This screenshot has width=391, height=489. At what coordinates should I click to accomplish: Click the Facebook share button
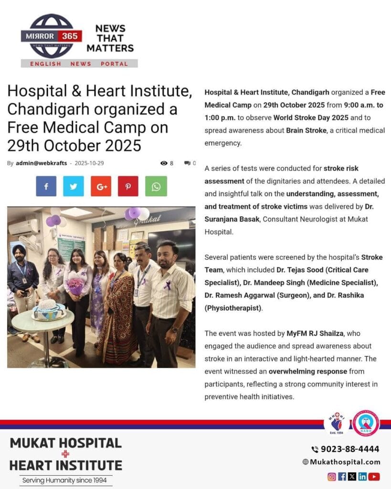[46, 186]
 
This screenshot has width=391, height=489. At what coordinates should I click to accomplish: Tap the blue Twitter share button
[74, 186]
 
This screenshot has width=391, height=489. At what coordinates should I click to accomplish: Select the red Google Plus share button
[101, 186]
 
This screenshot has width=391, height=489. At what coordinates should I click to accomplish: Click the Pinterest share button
[128, 186]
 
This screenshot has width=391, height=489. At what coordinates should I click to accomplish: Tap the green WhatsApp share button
[156, 186]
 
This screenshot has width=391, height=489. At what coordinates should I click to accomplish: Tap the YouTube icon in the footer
[374, 476]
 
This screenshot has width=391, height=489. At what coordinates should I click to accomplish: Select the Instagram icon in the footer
[332, 476]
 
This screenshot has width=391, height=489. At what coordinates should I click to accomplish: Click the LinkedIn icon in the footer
[363, 476]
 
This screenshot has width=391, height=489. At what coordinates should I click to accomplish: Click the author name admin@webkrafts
[41, 163]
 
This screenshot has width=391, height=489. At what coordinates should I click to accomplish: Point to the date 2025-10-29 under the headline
[89, 163]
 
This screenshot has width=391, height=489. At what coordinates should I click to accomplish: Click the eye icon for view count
[164, 163]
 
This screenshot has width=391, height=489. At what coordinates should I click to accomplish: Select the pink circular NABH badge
[366, 423]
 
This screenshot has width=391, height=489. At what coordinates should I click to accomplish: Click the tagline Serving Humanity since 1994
[66, 480]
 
